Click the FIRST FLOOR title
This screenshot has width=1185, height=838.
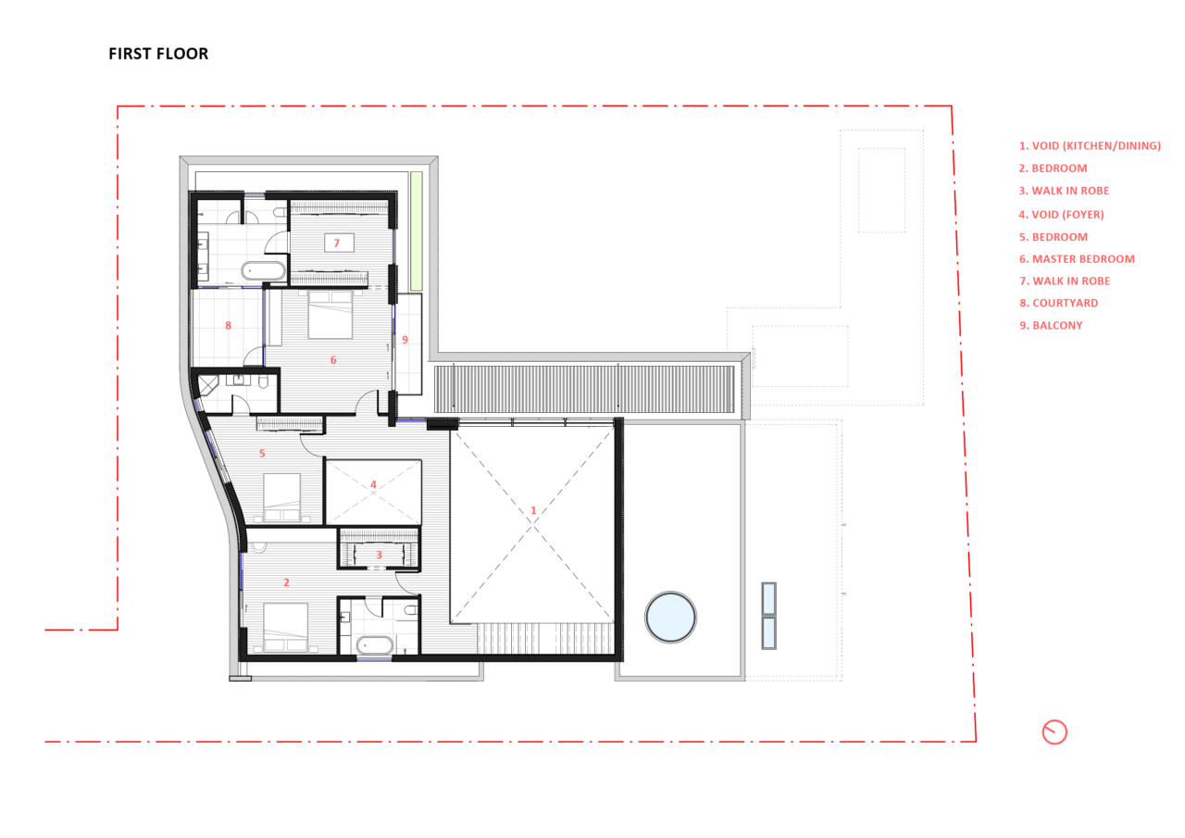pyautogui.click(x=158, y=54)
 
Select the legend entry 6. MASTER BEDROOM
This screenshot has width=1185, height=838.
pyautogui.click(x=1077, y=258)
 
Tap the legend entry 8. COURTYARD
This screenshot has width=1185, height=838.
pyautogui.click(x=1058, y=303)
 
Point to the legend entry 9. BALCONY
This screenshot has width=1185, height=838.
pyautogui.click(x=1051, y=325)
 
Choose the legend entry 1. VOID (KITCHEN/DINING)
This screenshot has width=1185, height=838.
pyautogui.click(x=1090, y=145)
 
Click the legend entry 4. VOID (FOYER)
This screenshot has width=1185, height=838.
pyautogui.click(x=1061, y=214)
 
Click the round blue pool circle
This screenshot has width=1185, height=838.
pyautogui.click(x=670, y=617)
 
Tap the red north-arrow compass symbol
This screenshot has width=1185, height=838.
pyautogui.click(x=1054, y=732)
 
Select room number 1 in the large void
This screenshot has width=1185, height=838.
pyautogui.click(x=533, y=510)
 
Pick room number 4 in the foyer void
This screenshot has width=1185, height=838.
pyautogui.click(x=373, y=484)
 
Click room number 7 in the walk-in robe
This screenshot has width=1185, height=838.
pyautogui.click(x=336, y=243)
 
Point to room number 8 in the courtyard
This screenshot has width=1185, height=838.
pyautogui.click(x=228, y=325)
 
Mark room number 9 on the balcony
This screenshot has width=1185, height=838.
pyautogui.click(x=405, y=340)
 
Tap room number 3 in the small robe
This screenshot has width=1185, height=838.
pyautogui.click(x=379, y=555)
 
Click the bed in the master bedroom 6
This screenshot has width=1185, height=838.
pyautogui.click(x=331, y=315)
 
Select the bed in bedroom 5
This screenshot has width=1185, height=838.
pyautogui.click(x=281, y=497)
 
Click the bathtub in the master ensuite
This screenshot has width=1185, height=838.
pyautogui.click(x=264, y=271)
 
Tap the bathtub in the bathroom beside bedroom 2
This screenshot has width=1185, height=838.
pyautogui.click(x=375, y=645)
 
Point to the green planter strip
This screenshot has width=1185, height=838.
pyautogui.click(x=417, y=231)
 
